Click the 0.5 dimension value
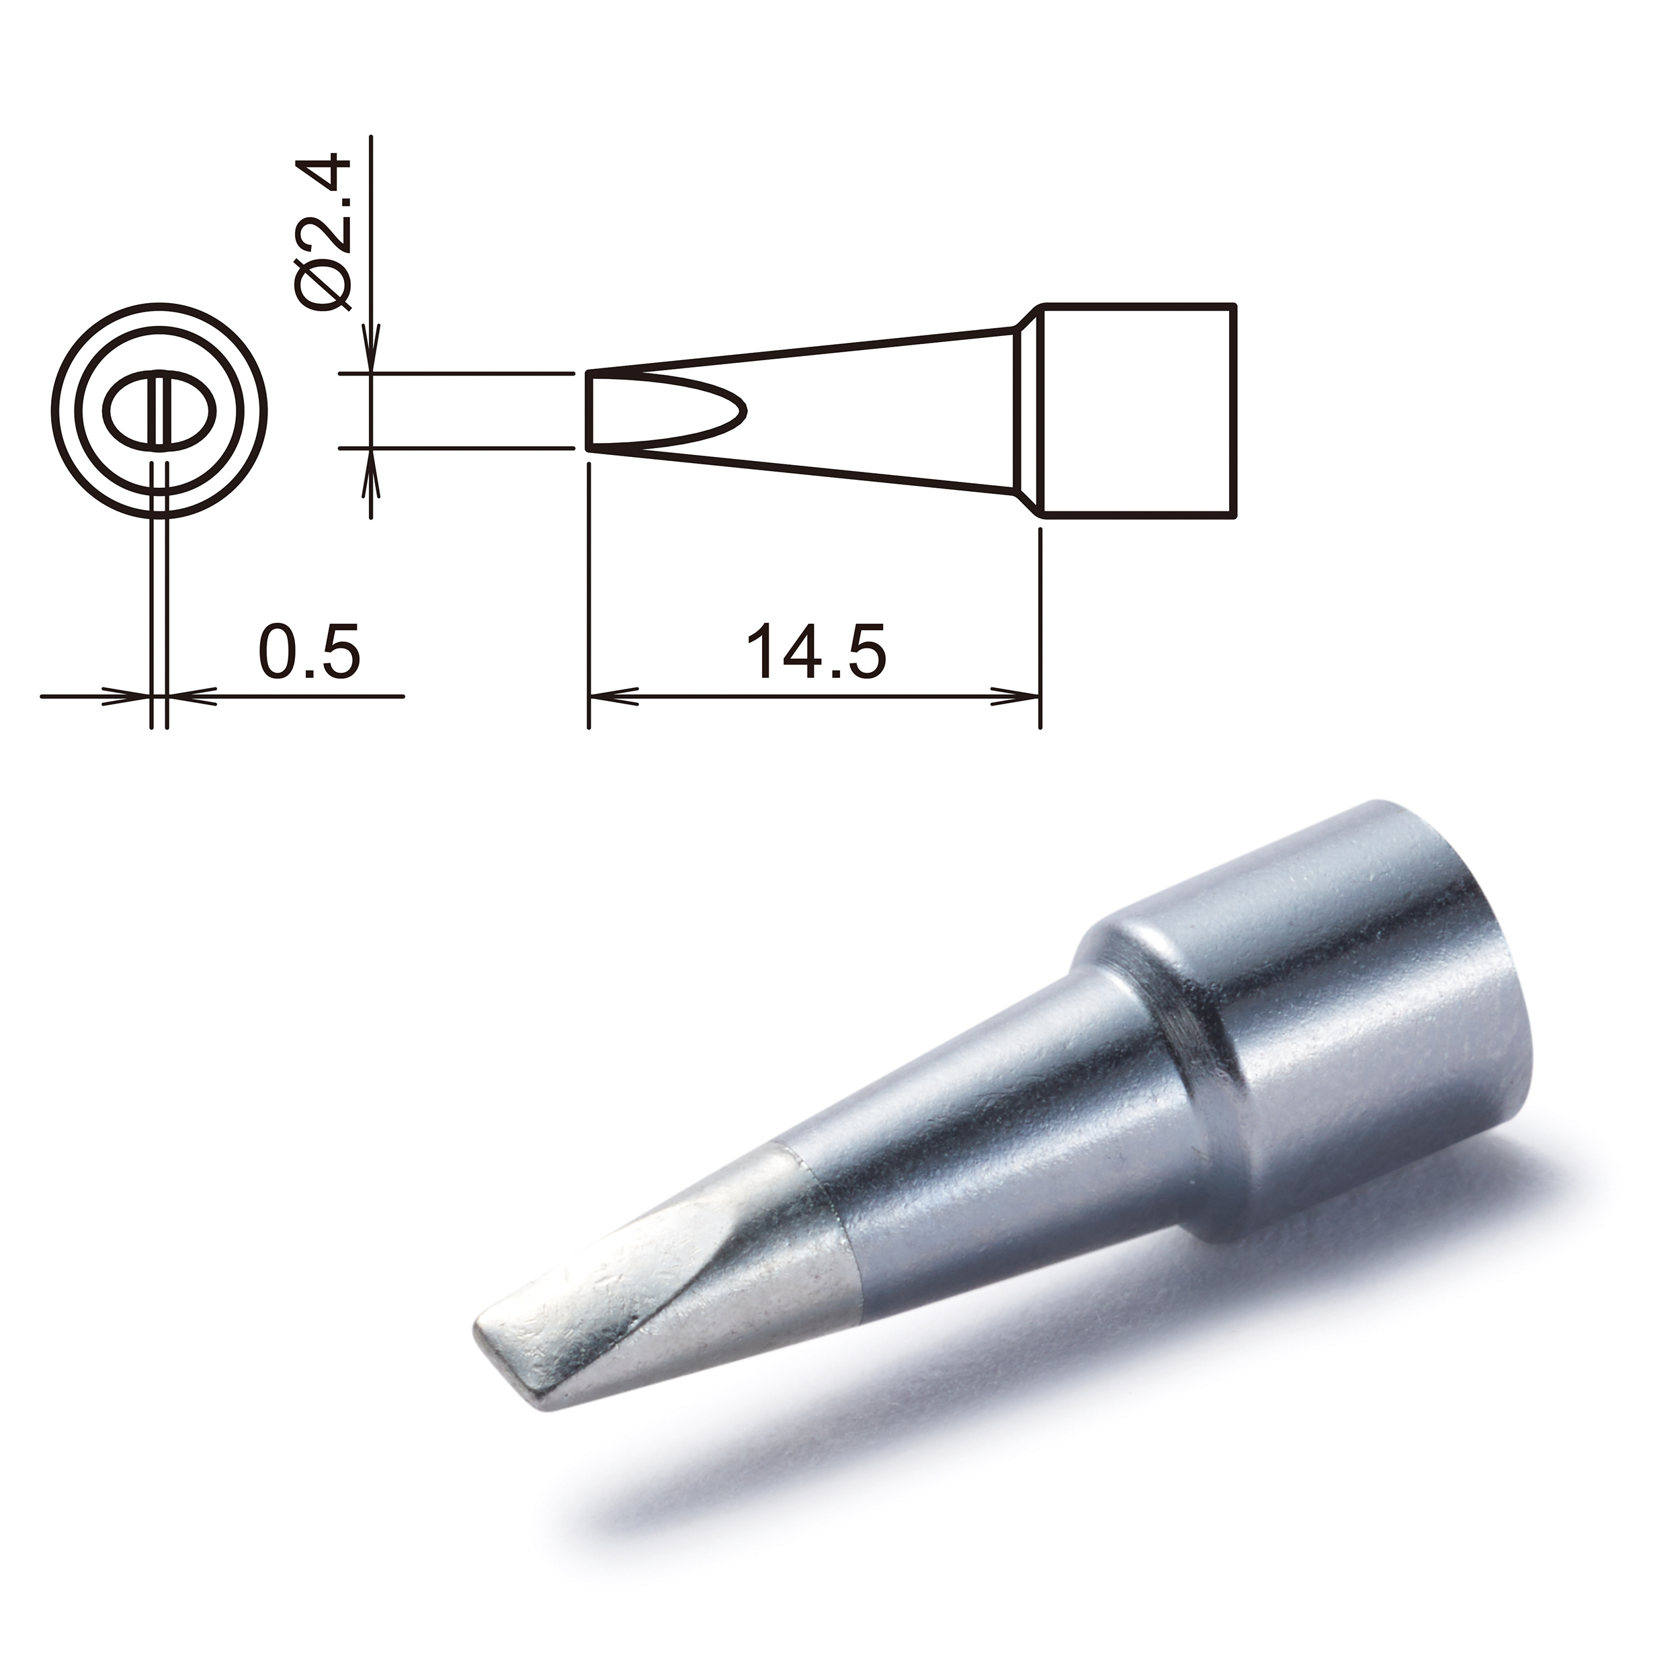tap(308, 650)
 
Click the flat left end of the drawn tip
tap(589, 411)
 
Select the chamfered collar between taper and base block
tap(1028, 411)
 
